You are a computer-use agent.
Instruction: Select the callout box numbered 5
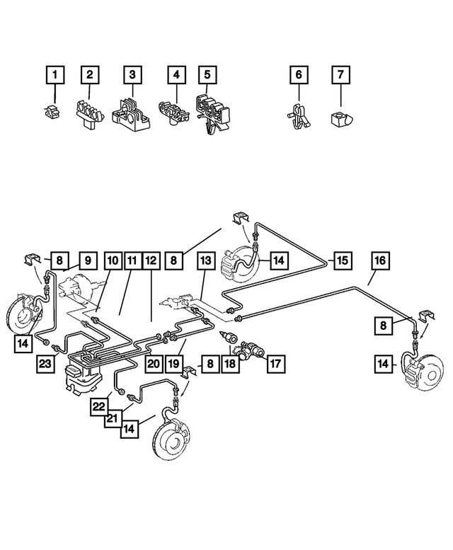[207, 74]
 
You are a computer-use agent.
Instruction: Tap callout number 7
[341, 74]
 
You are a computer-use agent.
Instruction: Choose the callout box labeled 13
[205, 261]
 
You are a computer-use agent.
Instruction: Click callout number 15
[342, 261]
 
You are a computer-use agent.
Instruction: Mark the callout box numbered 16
[379, 261]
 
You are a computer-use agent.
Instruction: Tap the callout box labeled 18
[230, 365]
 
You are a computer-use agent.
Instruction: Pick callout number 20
[152, 365]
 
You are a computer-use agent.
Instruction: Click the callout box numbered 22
[100, 406]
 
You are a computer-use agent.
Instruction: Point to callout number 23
[47, 365]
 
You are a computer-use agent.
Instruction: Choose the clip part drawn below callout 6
[299, 113]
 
